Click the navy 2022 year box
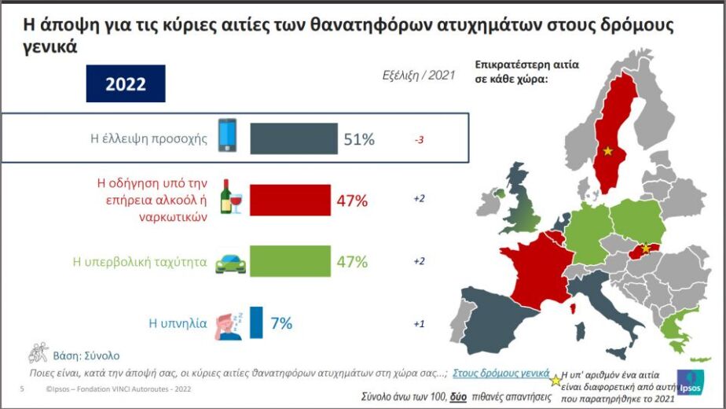(x=126, y=83)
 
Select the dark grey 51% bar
(x=294, y=138)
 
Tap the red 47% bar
(x=290, y=201)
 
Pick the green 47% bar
(x=290, y=261)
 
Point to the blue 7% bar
(x=256, y=322)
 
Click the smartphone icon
(x=227, y=135)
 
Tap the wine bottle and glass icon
(x=231, y=197)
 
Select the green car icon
(x=230, y=263)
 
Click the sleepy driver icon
(x=229, y=326)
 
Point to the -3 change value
(x=419, y=139)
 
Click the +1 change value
(x=419, y=324)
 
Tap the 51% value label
(x=359, y=139)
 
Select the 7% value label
(x=281, y=322)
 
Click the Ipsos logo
(x=691, y=382)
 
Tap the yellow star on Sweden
(x=607, y=151)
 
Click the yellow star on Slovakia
(x=645, y=249)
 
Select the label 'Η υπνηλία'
(x=178, y=323)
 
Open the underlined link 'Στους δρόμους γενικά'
(x=501, y=373)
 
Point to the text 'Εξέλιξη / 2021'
(x=419, y=76)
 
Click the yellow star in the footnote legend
(x=555, y=381)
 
